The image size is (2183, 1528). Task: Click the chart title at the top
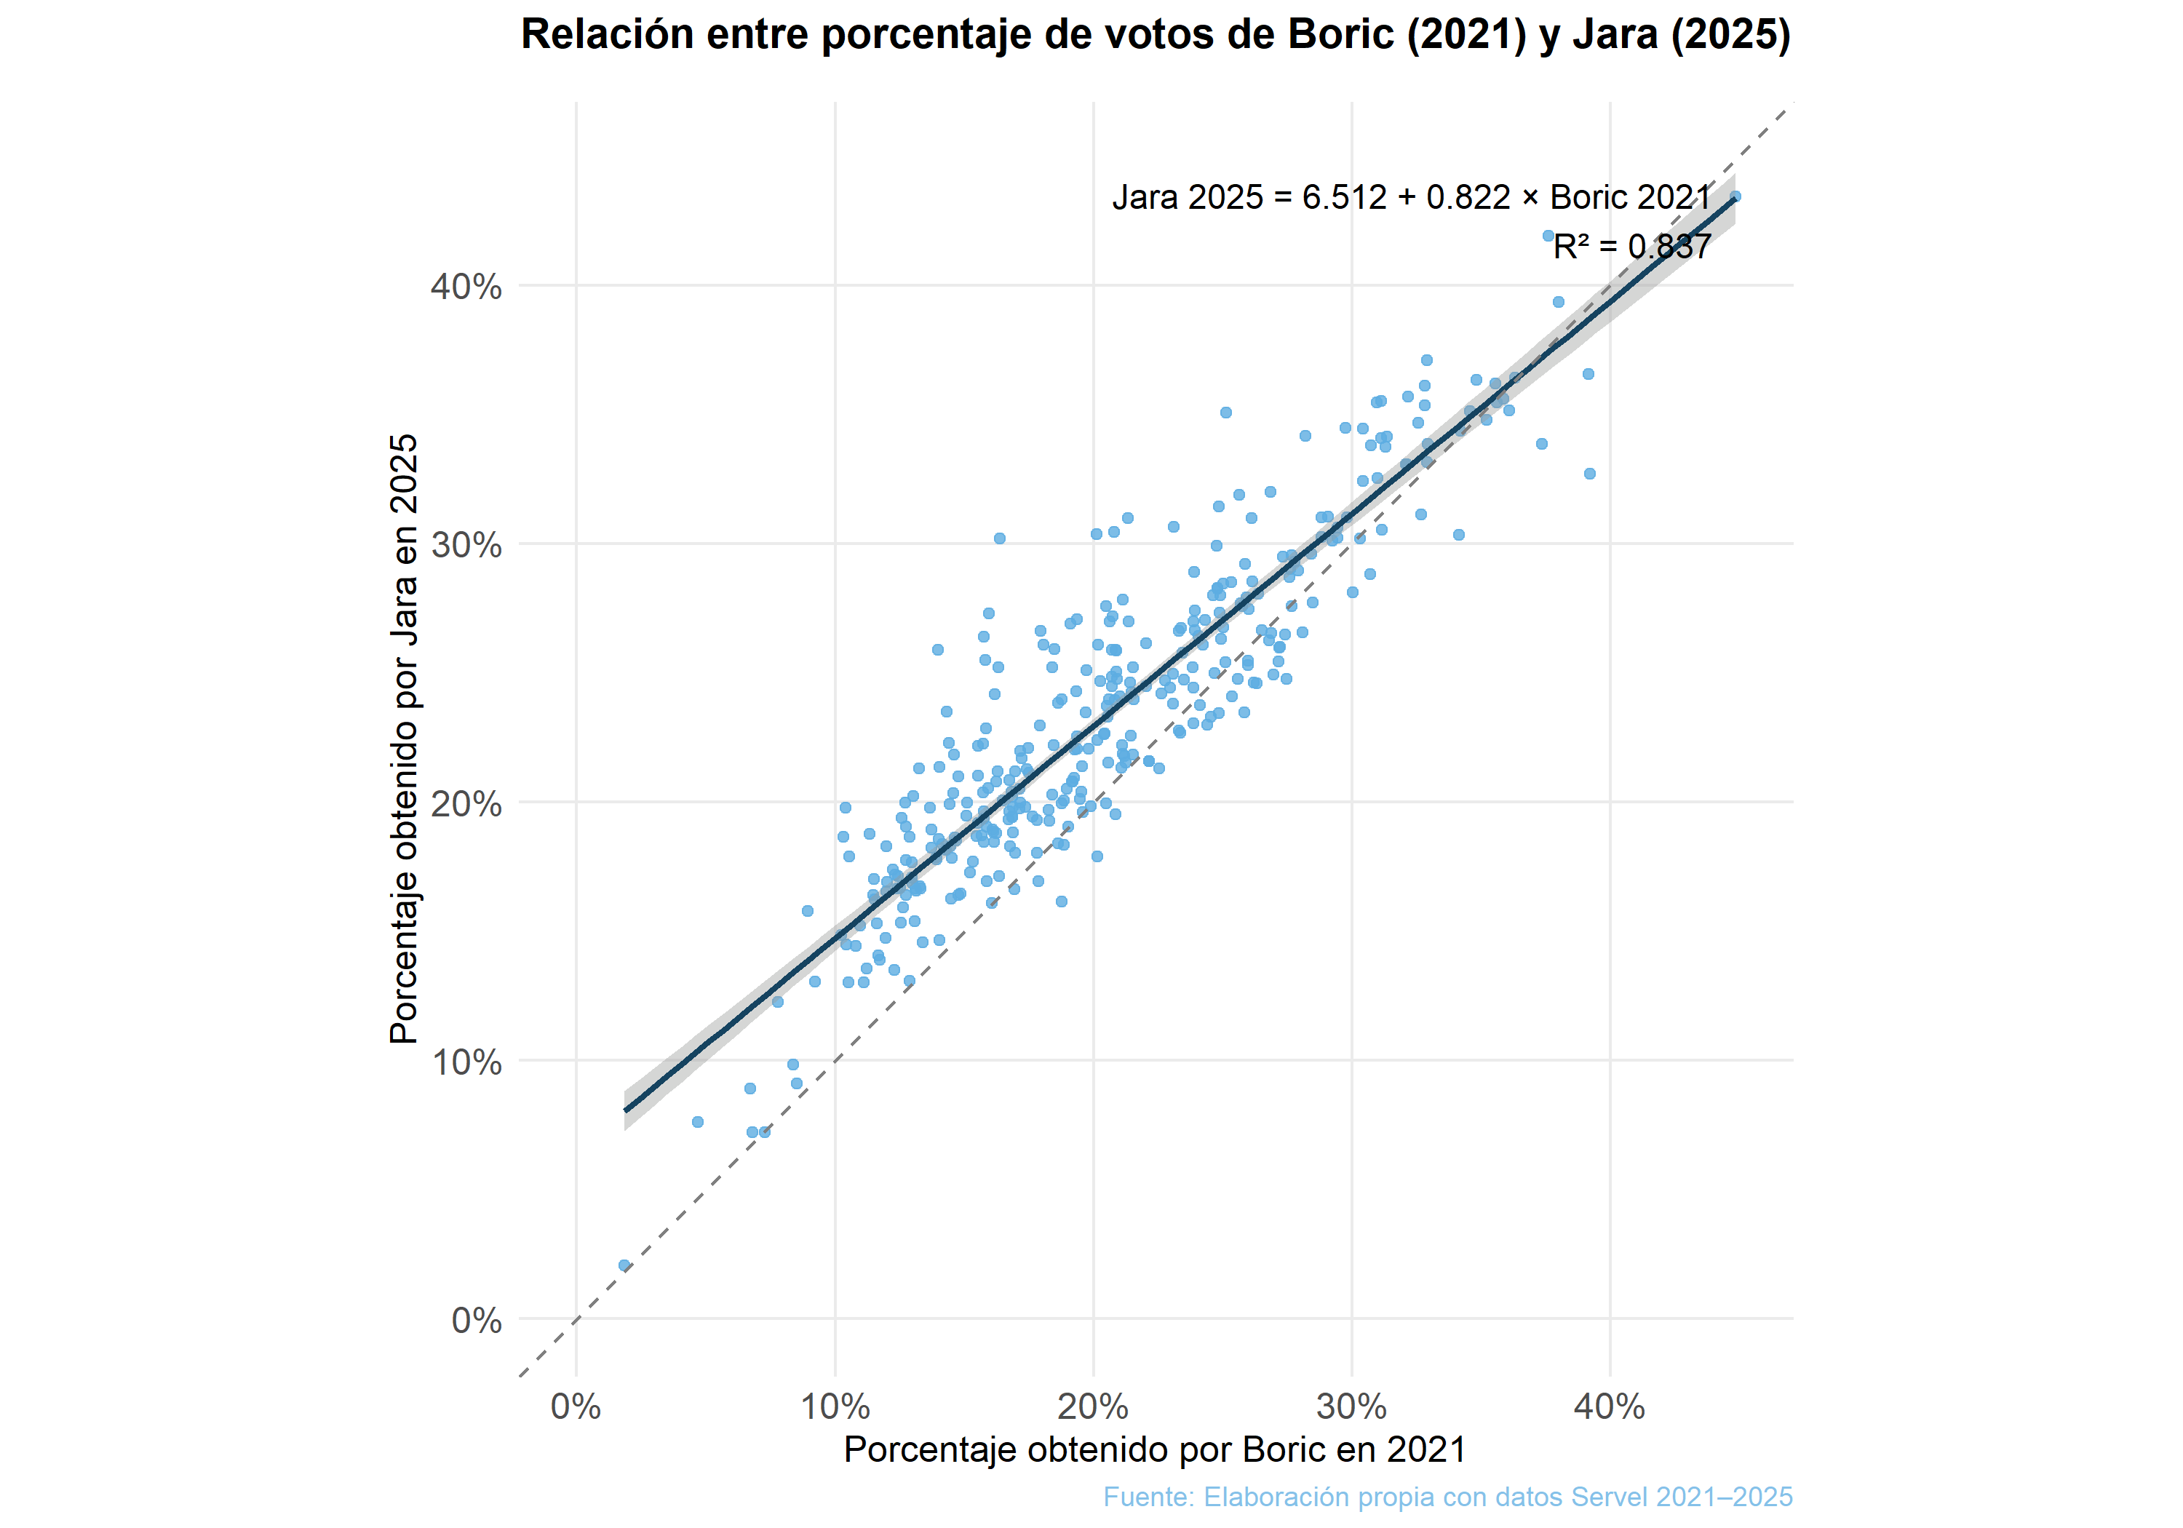tap(1156, 35)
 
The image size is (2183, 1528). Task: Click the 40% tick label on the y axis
tap(466, 286)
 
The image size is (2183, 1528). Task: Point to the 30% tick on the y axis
tap(466, 546)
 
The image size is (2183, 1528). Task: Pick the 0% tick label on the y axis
tap(477, 1321)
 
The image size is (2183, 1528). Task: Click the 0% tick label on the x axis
tap(576, 1406)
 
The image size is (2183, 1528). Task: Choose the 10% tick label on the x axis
tap(835, 1406)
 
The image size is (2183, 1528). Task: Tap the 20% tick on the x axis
tap(1094, 1406)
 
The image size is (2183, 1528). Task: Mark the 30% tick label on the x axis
tap(1352, 1406)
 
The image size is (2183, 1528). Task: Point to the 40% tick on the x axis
tap(1610, 1406)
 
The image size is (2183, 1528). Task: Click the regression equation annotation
tap(1411, 198)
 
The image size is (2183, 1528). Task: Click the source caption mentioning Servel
tap(1447, 1497)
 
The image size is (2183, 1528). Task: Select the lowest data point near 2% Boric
tap(624, 1265)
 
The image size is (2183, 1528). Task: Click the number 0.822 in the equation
tap(1468, 198)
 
